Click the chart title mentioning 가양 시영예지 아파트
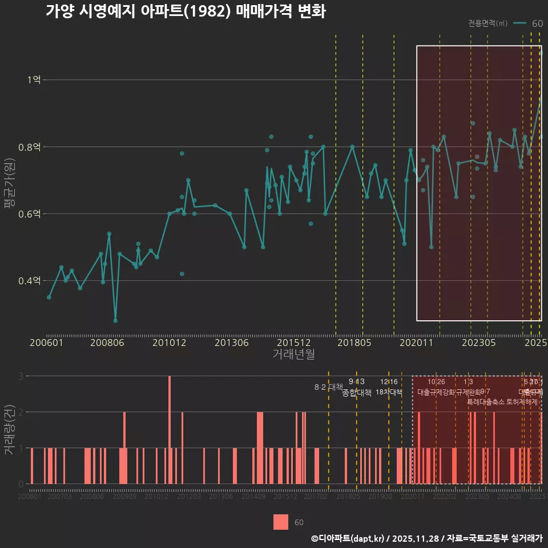tap(186, 11)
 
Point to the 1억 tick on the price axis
tap(34, 80)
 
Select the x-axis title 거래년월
tap(293, 354)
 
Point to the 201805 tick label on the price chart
tap(355, 342)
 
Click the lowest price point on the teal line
tap(115, 320)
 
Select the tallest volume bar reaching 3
tap(170, 429)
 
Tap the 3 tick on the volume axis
tap(21, 376)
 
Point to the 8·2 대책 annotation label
tap(328, 387)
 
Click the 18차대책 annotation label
tap(389, 392)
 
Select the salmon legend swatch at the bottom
tap(280, 522)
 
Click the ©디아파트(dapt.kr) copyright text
tap(348, 538)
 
